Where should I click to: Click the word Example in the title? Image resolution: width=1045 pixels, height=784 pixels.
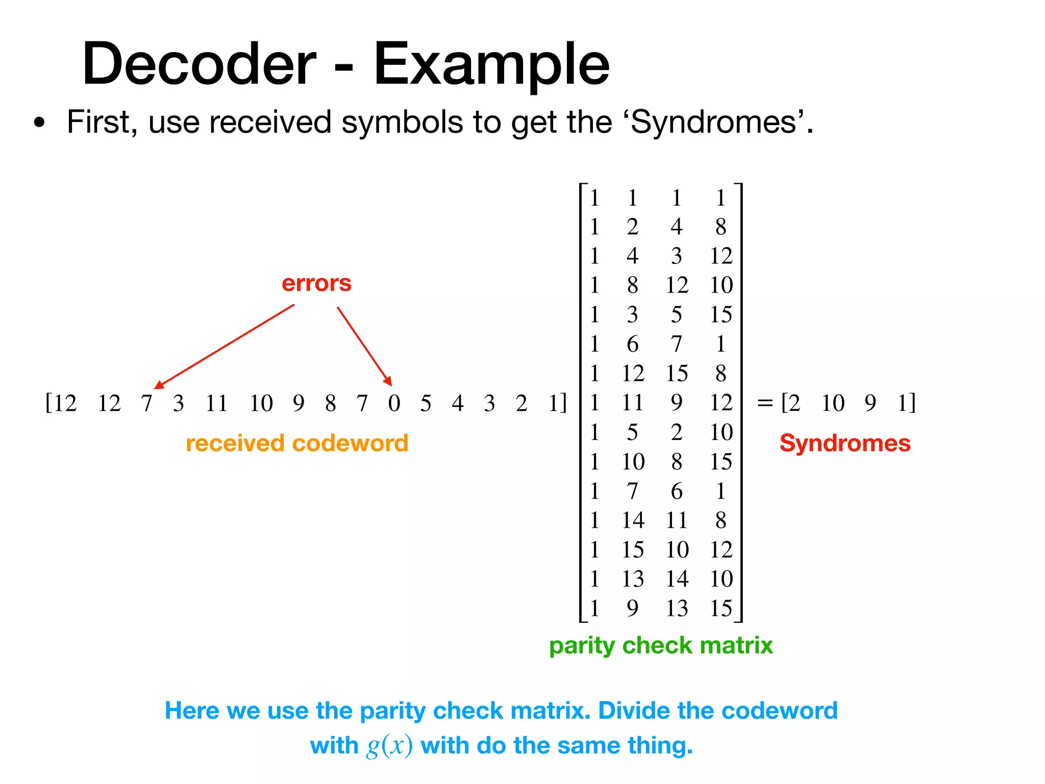(x=491, y=65)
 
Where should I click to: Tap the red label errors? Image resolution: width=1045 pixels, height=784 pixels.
(x=316, y=283)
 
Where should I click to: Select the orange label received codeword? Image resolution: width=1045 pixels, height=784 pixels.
(x=297, y=443)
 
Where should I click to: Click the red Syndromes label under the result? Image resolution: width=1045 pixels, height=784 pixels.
(x=845, y=443)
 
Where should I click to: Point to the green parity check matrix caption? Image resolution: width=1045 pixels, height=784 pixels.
(x=661, y=645)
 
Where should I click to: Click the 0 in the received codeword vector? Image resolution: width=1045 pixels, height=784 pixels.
(x=394, y=403)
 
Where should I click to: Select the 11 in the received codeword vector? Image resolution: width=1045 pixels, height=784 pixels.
(x=216, y=403)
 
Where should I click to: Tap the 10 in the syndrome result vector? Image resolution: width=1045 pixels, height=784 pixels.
(x=833, y=403)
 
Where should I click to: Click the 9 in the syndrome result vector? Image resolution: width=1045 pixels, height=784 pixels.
(x=870, y=403)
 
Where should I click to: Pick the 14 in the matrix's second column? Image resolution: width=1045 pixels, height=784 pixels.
(x=633, y=521)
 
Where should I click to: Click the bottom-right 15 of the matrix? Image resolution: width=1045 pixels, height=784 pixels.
(x=721, y=608)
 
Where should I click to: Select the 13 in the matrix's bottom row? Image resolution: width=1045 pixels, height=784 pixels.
(x=677, y=608)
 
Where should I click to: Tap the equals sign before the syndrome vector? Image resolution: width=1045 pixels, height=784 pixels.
(x=765, y=403)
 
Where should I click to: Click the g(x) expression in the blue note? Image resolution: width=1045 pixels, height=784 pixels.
(x=389, y=746)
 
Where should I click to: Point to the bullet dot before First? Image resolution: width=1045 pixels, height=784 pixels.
(x=39, y=122)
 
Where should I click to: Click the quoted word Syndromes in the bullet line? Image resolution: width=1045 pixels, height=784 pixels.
(x=714, y=122)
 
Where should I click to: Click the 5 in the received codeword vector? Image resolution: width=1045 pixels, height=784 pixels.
(x=426, y=403)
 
